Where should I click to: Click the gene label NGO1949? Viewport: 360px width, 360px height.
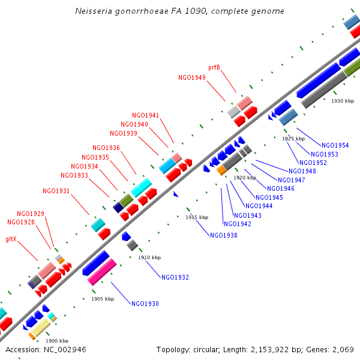192,77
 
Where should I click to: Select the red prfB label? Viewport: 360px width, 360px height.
214,67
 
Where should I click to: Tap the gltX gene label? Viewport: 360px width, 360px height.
11,239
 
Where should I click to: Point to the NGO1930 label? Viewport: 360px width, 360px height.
145,304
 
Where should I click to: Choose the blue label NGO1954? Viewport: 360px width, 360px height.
335,145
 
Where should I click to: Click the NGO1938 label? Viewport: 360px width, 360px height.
224,235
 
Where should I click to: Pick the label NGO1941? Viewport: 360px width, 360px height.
146,115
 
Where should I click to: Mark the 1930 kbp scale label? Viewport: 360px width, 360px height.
343,101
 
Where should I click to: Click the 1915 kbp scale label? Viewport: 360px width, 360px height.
197,217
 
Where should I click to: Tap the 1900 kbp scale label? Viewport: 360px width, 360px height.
57,341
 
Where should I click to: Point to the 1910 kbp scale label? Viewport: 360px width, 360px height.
149,257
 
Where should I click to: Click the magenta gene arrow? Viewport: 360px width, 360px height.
102,272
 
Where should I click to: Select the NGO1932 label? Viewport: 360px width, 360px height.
175,277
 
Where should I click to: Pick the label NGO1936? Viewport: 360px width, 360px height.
106,148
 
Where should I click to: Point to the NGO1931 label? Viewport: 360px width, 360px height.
56,191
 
